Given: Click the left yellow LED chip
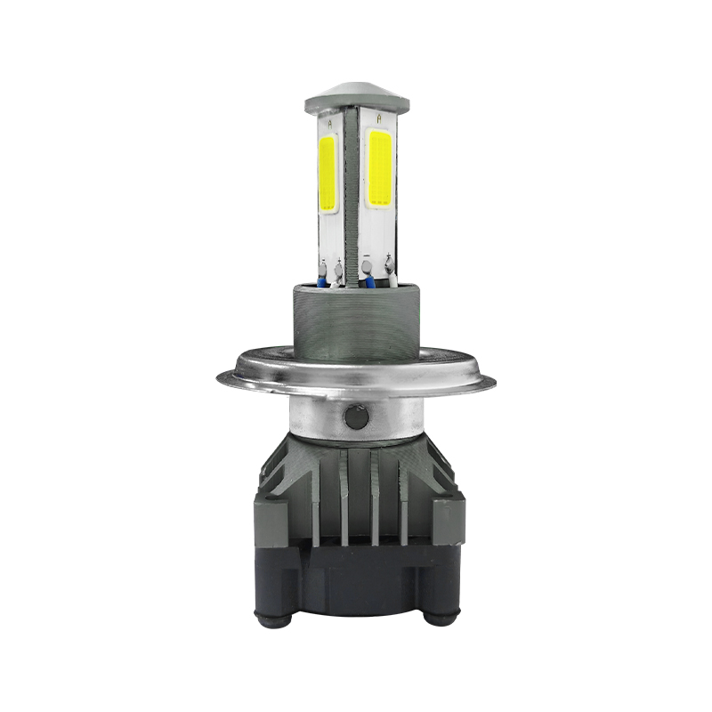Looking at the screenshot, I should (x=327, y=174).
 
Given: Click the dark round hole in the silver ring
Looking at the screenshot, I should (x=356, y=415).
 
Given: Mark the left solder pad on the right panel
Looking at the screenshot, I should (x=367, y=264).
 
